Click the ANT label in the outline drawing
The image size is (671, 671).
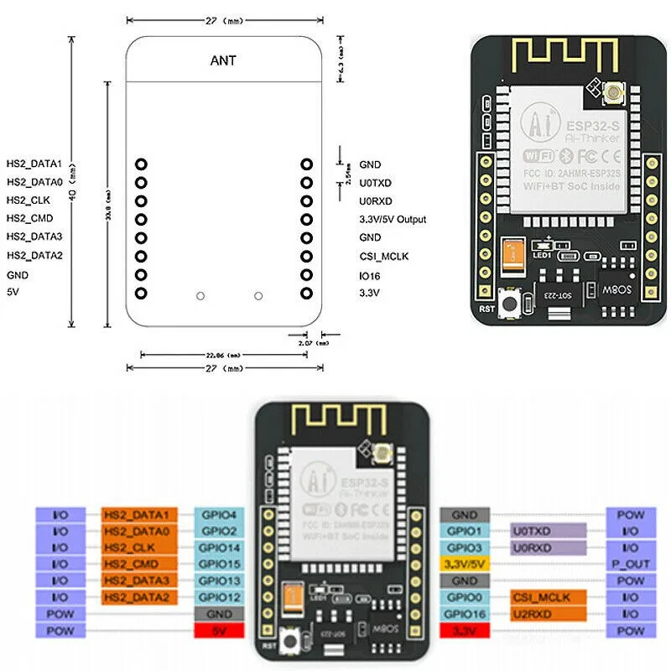(223, 60)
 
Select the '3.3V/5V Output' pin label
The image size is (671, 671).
(392, 220)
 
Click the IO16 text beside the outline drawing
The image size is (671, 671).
(369, 275)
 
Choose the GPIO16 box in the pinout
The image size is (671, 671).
(464, 613)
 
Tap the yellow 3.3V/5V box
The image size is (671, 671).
(464, 564)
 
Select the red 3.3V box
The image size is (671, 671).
(464, 630)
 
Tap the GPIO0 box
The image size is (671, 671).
(464, 596)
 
